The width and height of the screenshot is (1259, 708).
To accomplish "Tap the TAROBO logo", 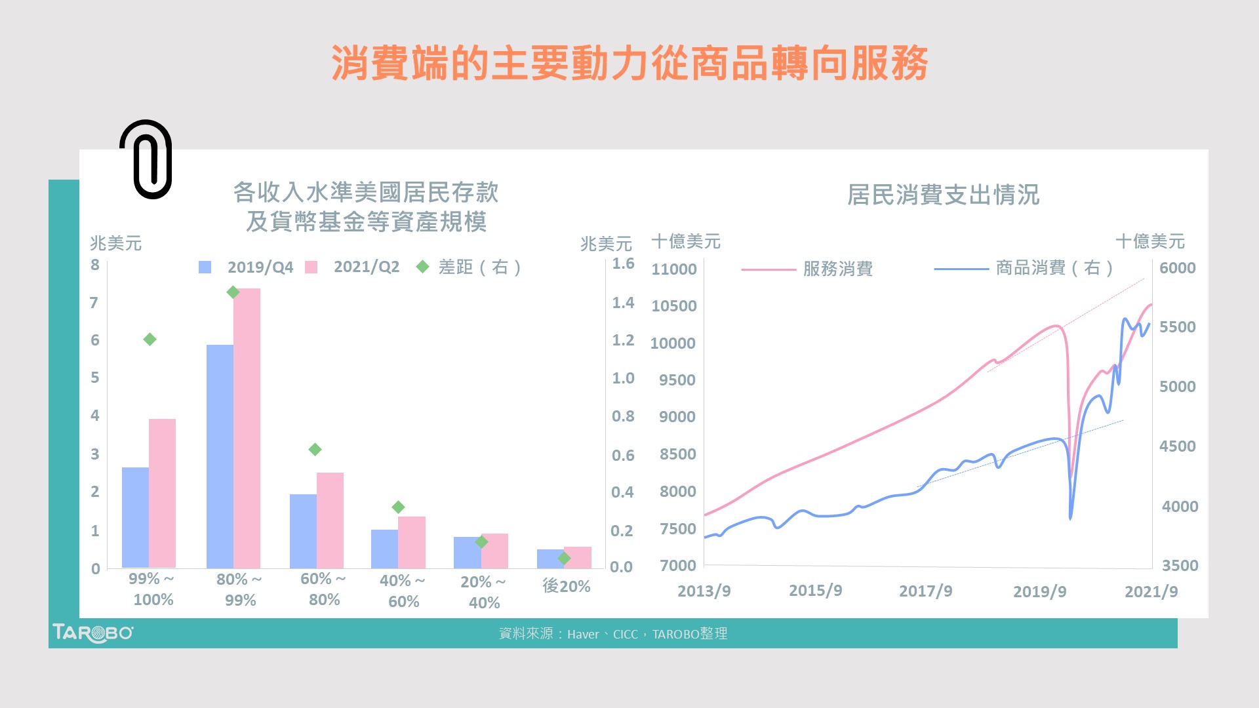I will tap(92, 633).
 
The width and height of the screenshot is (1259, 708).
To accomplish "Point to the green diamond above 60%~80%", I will tap(315, 450).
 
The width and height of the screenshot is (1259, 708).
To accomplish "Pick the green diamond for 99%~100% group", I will tap(150, 340).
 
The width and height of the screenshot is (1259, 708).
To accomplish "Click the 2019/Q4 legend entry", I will tap(247, 267).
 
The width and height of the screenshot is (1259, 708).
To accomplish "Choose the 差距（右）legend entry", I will tap(470, 267).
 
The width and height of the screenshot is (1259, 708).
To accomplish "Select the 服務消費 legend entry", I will tap(808, 269).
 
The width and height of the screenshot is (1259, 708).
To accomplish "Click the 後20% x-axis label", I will tap(566, 586).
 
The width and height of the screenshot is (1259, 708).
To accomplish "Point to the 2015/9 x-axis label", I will tap(815, 591).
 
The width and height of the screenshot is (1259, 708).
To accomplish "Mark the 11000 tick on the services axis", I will tap(673, 269).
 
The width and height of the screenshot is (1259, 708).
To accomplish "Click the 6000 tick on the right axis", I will tap(1177, 268).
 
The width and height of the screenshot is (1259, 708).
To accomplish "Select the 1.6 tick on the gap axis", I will tap(623, 264).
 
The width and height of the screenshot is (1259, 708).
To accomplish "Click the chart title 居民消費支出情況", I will tap(943, 195).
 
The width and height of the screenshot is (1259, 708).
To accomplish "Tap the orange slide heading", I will tap(629, 64).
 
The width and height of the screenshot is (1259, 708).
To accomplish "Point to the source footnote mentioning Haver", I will tap(613, 634).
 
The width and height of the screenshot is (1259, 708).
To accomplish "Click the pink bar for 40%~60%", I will tap(412, 542).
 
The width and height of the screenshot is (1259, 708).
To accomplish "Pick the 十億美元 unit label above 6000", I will tap(1149, 241).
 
